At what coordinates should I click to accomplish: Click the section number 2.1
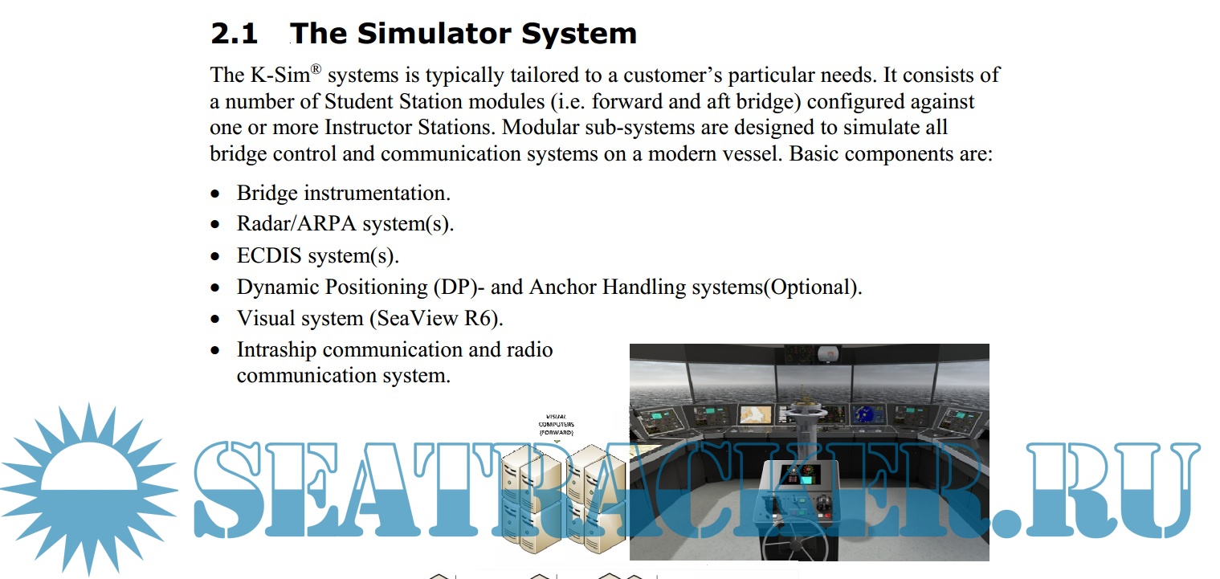pyautogui.click(x=235, y=34)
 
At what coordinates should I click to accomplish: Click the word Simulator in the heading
pyautogui.click(x=434, y=34)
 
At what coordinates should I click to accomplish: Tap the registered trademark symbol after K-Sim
pyautogui.click(x=316, y=69)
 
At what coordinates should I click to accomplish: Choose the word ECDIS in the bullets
pyautogui.click(x=269, y=255)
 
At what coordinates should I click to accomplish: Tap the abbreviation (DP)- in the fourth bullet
pyautogui.click(x=459, y=287)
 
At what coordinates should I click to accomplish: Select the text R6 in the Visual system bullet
pyautogui.click(x=478, y=318)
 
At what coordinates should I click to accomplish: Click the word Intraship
pyautogui.click(x=276, y=349)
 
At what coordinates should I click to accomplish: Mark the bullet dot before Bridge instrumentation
pyautogui.click(x=216, y=194)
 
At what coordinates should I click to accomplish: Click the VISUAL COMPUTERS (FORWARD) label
pyautogui.click(x=556, y=424)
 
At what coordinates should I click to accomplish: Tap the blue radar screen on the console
pyautogui.click(x=868, y=414)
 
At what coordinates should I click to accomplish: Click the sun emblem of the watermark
pyautogui.click(x=89, y=488)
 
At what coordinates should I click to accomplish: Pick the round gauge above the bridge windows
pyautogui.click(x=828, y=355)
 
